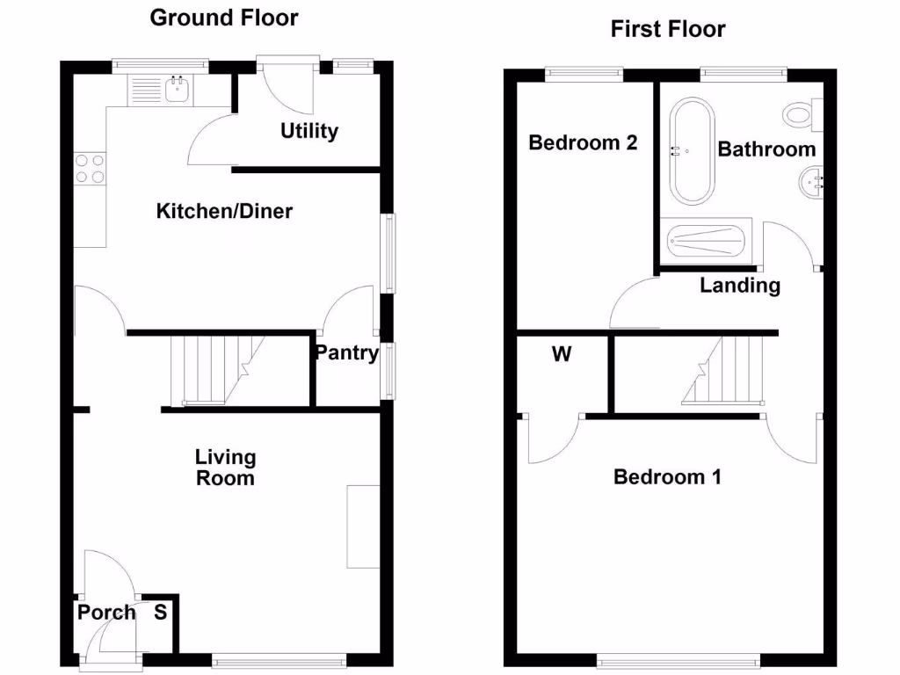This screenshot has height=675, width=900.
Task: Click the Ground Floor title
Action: tap(224, 18)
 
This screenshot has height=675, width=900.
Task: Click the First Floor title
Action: tap(668, 29)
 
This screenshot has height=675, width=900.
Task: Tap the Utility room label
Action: tap(309, 131)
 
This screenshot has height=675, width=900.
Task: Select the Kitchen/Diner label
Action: tap(224, 211)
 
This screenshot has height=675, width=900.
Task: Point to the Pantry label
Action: tap(347, 353)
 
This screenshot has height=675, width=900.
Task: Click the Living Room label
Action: tap(225, 468)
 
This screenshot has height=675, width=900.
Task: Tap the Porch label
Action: tap(106, 613)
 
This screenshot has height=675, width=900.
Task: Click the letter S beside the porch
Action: tap(161, 613)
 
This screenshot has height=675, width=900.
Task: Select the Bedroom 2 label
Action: tap(583, 142)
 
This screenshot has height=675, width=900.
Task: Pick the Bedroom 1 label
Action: tap(667, 477)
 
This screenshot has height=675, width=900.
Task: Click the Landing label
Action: tap(740, 285)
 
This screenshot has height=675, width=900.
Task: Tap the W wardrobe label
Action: tap(562, 355)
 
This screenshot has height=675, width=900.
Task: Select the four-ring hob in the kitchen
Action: tap(90, 168)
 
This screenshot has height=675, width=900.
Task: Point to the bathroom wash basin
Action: tap(811, 184)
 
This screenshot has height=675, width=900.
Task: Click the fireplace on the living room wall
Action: tap(363, 526)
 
